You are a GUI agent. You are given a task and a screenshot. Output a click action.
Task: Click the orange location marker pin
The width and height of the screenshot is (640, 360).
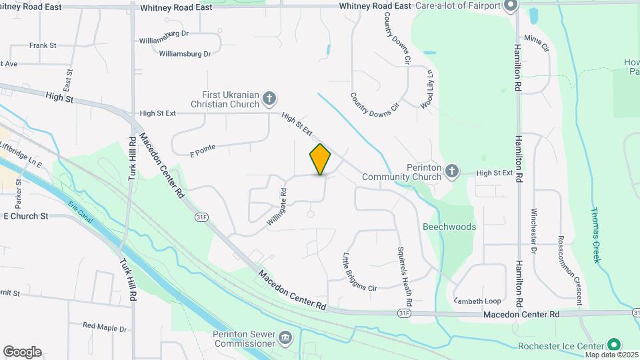tap(320, 159)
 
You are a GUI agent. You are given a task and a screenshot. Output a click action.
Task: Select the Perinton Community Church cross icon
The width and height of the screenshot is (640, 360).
tap(452, 172)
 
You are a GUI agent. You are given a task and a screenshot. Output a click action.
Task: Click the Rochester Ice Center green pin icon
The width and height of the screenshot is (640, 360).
tap(614, 345)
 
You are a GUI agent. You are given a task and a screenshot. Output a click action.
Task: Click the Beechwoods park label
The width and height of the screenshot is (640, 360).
tap(449, 227)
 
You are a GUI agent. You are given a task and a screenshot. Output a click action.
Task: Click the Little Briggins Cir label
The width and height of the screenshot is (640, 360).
tap(359, 272)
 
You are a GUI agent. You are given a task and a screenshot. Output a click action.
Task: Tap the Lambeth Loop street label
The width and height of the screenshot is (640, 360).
tap(477, 301)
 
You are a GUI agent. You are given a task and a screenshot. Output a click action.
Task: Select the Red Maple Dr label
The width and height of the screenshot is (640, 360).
tap(105, 327)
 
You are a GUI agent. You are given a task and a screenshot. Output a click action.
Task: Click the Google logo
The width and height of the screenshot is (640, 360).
tap(22, 352)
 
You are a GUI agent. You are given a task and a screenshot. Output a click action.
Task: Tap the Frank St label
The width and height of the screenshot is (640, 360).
tap(42, 45)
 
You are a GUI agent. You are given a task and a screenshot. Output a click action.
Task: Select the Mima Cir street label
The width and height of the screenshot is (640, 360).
tap(536, 44)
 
